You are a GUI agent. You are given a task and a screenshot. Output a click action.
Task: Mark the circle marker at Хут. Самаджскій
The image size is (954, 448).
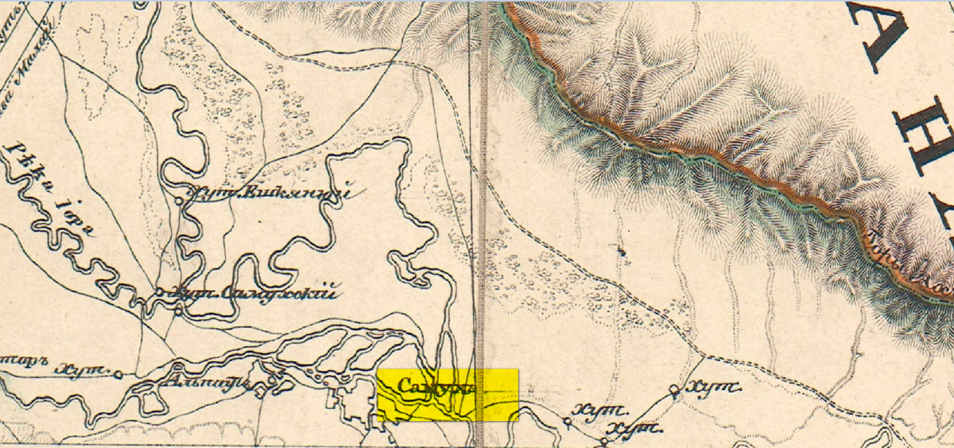click(x=160, y=292)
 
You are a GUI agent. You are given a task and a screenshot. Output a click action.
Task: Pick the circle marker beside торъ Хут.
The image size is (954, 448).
click(x=118, y=372)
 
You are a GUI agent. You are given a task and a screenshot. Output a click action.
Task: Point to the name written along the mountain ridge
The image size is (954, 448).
click(x=906, y=259)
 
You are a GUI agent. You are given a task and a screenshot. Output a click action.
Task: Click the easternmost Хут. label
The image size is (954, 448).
click(x=712, y=388)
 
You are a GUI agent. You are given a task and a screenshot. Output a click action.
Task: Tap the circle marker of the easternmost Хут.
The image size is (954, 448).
click(x=674, y=390)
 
